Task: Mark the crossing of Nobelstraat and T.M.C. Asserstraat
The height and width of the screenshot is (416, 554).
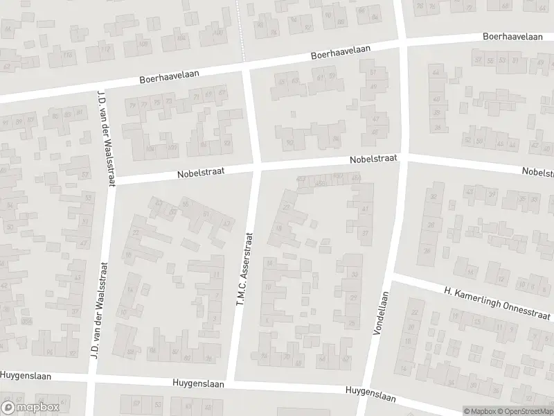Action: coord(256,168)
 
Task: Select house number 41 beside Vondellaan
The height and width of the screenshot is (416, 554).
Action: coord(365,209)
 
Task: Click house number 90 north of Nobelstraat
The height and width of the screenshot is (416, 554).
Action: coord(289,143)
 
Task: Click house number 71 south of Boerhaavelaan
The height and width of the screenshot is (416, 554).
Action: coord(196,96)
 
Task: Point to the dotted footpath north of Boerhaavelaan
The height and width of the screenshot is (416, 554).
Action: coord(242,28)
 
